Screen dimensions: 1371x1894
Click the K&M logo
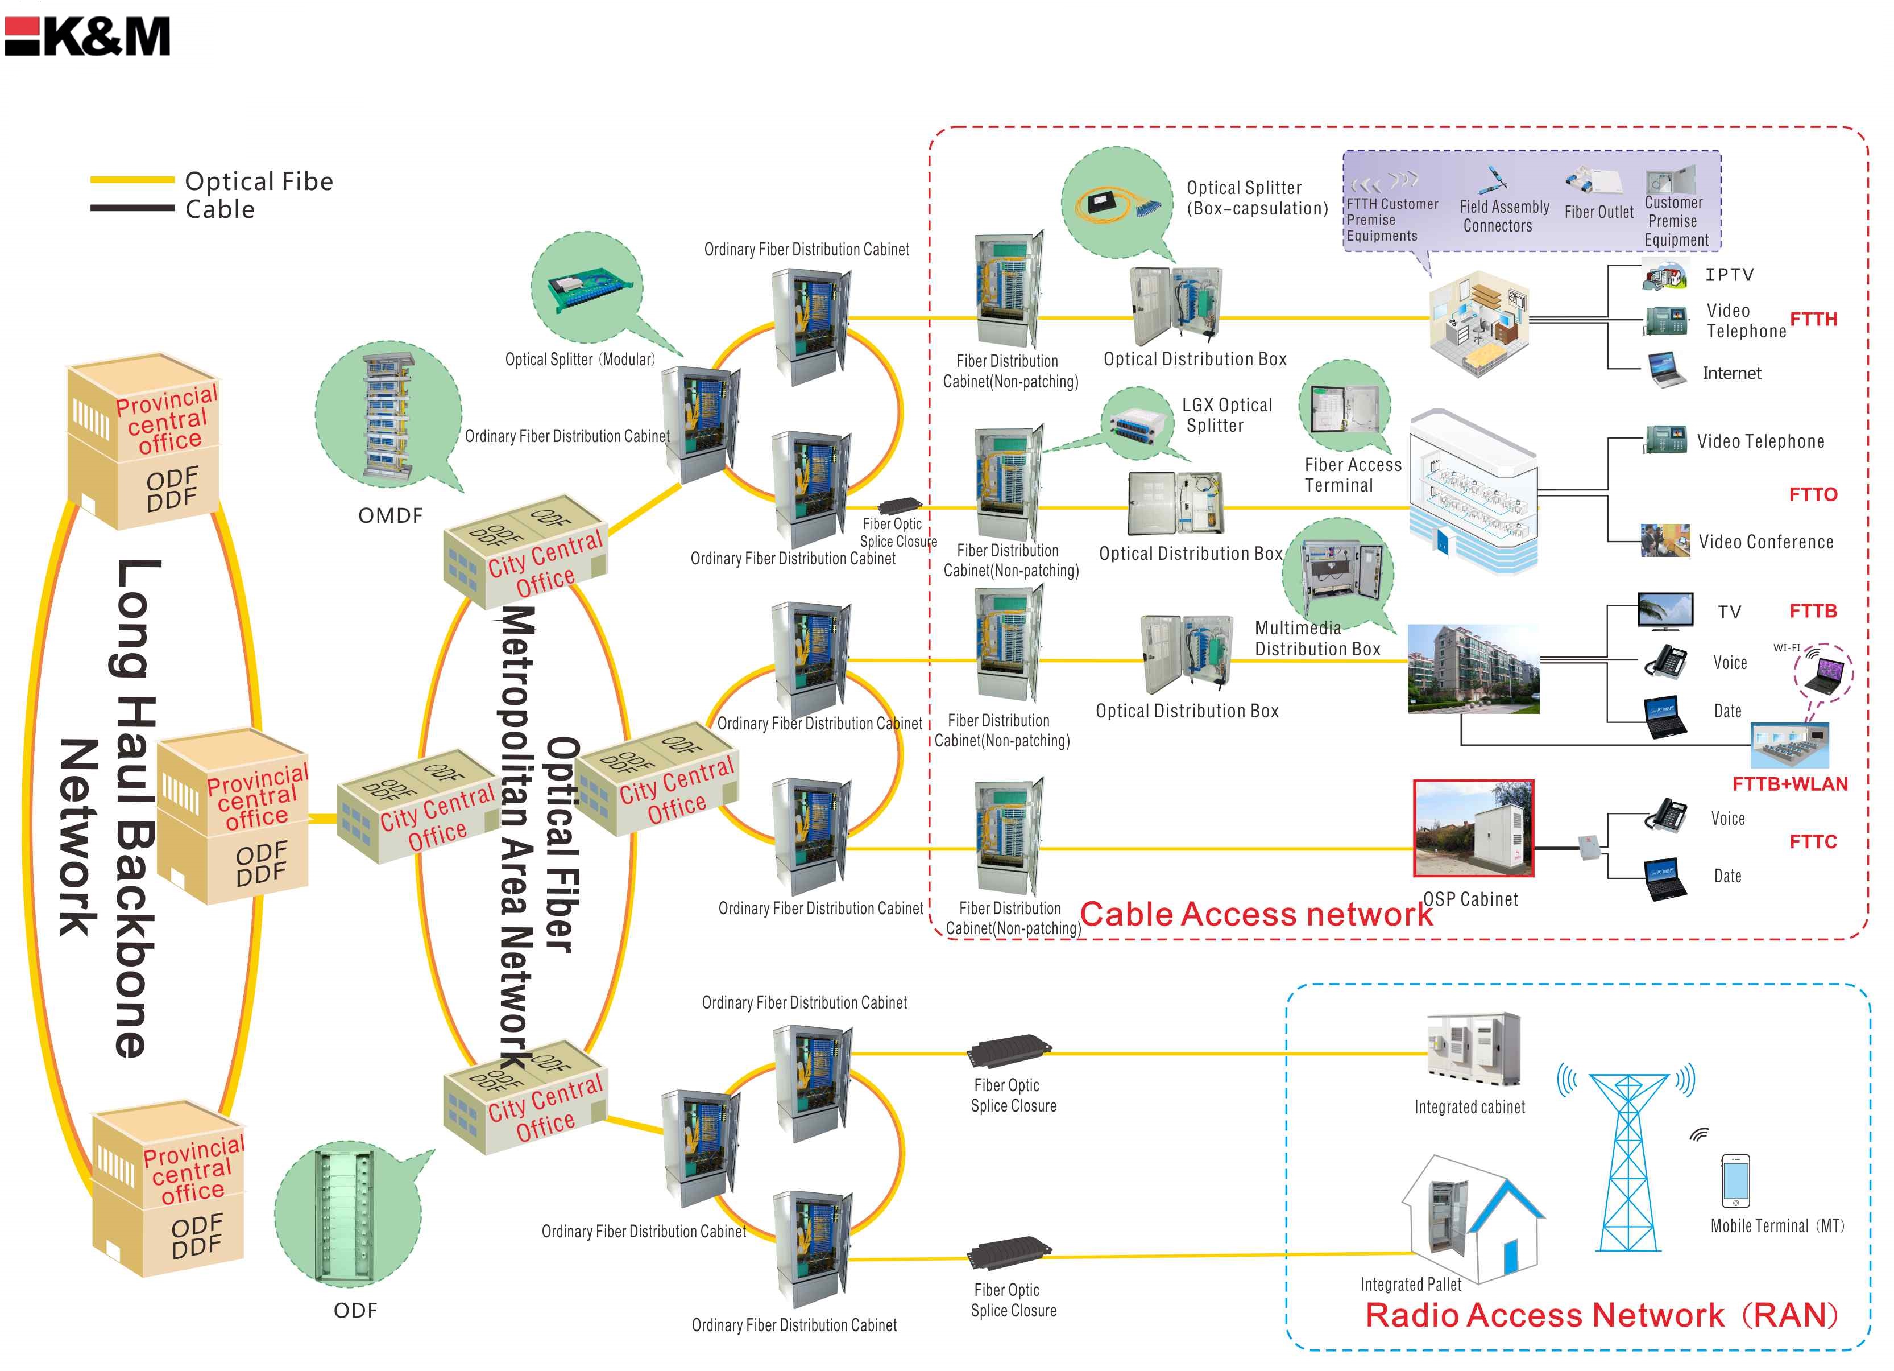click(88, 37)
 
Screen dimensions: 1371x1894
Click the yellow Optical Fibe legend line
click(131, 180)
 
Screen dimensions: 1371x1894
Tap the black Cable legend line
click(131, 207)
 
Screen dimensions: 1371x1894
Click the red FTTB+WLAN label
click(1789, 784)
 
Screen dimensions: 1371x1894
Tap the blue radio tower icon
click(1627, 1161)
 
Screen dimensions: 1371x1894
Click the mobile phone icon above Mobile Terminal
click(1735, 1180)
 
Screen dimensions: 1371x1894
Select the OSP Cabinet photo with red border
click(1473, 828)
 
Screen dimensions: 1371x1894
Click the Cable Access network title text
click(1256, 915)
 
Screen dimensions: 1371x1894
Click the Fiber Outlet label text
click(1598, 212)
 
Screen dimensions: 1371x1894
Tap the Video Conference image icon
click(1664, 540)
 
